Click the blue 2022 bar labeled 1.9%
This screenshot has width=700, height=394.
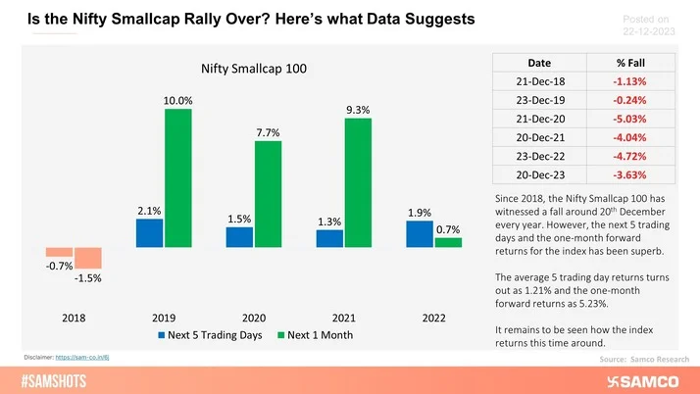click(418, 234)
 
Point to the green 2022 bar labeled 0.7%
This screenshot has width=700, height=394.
click(448, 242)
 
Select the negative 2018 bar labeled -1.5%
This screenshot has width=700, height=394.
click(89, 258)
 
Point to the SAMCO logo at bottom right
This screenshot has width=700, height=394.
click(648, 379)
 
